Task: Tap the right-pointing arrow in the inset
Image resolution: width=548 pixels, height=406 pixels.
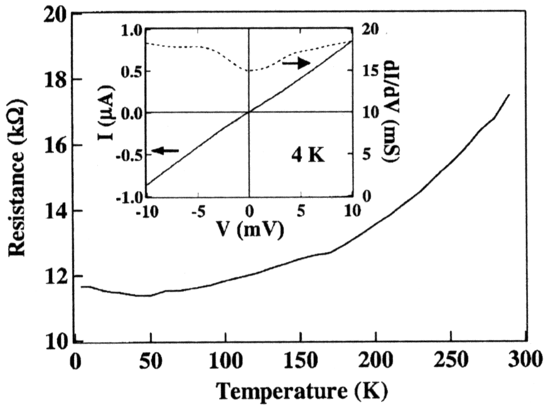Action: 296,63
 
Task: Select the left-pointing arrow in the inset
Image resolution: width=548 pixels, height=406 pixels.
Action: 166,150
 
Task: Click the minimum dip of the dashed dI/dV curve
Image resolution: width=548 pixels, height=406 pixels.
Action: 250,71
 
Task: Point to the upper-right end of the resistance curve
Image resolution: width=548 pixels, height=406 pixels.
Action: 508,95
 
